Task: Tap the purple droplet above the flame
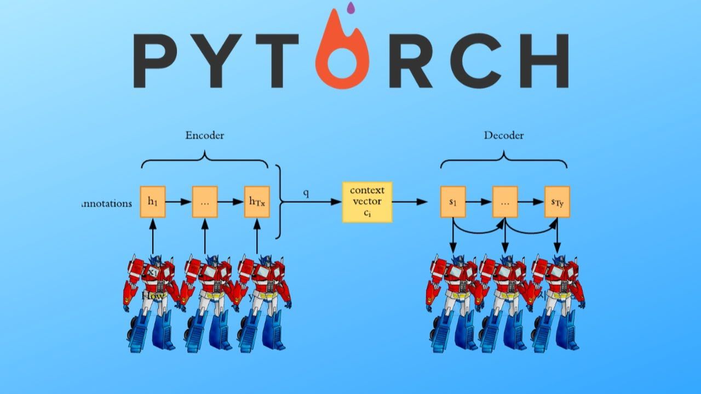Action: point(351,8)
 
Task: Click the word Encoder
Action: point(204,135)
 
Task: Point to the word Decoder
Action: point(503,135)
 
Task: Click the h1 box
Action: point(153,202)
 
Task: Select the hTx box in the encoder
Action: point(257,202)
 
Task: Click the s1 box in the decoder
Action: point(453,202)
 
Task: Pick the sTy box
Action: point(557,202)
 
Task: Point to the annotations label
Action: point(107,203)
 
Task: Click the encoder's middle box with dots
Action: point(205,202)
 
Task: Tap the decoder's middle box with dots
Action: point(505,202)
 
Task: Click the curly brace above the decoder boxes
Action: point(504,159)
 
